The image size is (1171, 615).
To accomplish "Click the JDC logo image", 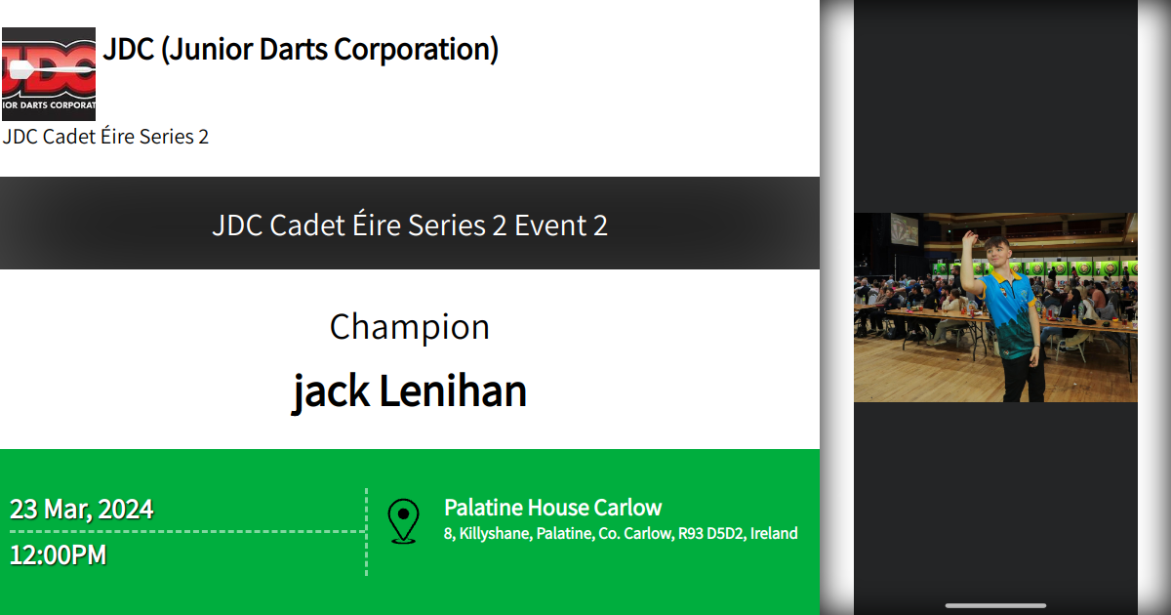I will pyautogui.click(x=49, y=74).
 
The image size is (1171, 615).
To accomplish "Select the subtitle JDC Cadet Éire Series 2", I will pyautogui.click(x=105, y=137).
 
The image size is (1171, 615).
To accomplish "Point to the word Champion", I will pyautogui.click(x=409, y=327).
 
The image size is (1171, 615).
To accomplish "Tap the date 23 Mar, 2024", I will pyautogui.click(x=81, y=510).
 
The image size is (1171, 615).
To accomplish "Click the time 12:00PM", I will pyautogui.click(x=58, y=555).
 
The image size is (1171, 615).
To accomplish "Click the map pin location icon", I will pyautogui.click(x=403, y=520).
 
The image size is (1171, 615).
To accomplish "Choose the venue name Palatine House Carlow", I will pyautogui.click(x=552, y=508).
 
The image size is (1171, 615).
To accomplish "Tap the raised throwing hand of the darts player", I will pyautogui.click(x=968, y=236).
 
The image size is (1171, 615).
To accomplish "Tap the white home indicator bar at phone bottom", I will pyautogui.click(x=995, y=605).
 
